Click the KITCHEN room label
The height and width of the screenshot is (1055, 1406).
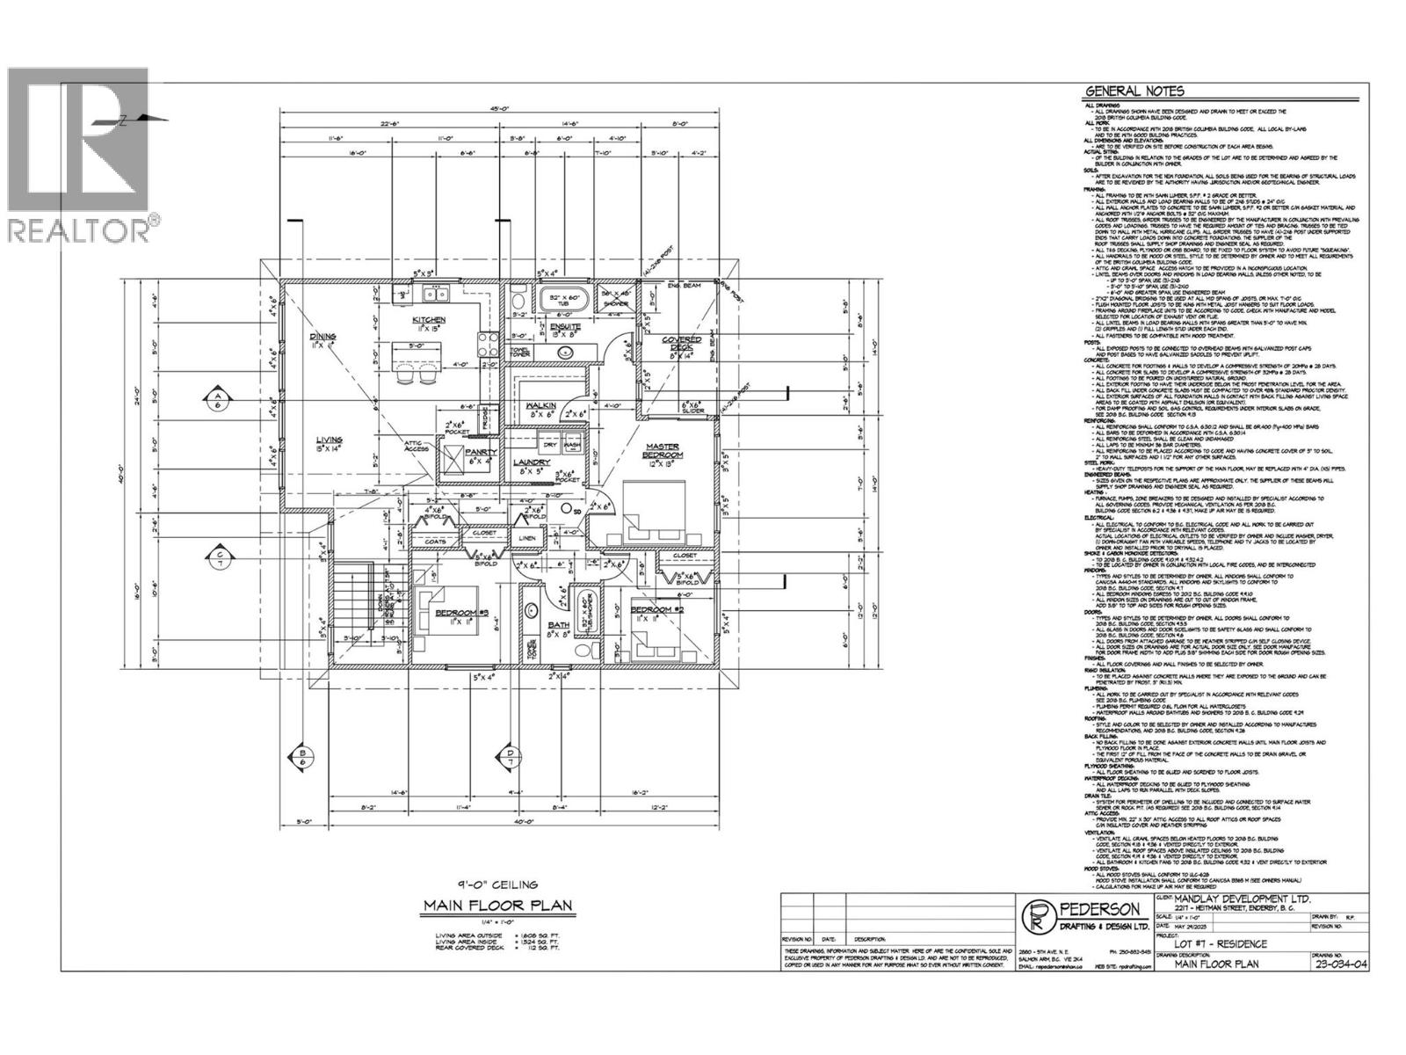click(432, 320)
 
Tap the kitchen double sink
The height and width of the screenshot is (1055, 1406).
click(431, 294)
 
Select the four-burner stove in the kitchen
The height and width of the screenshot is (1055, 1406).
click(486, 341)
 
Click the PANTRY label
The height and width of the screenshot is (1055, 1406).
click(482, 452)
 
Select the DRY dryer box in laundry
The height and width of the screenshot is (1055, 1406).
click(551, 446)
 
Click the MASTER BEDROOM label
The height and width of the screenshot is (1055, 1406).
click(664, 450)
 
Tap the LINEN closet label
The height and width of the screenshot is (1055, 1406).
click(527, 538)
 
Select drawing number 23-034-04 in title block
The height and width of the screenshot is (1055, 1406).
click(1337, 964)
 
